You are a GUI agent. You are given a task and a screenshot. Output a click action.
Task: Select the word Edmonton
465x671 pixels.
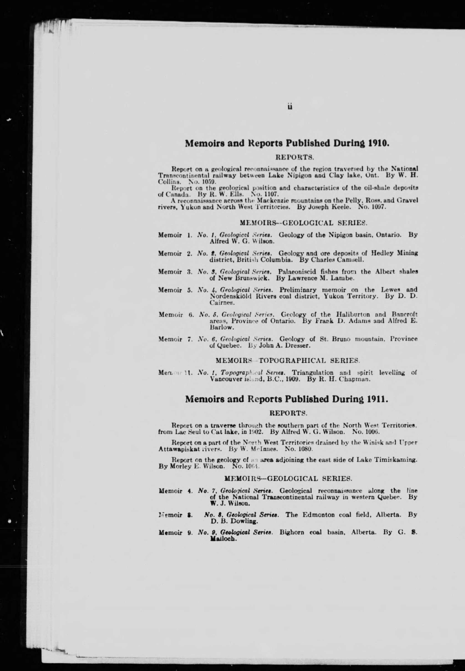click(x=318, y=515)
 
